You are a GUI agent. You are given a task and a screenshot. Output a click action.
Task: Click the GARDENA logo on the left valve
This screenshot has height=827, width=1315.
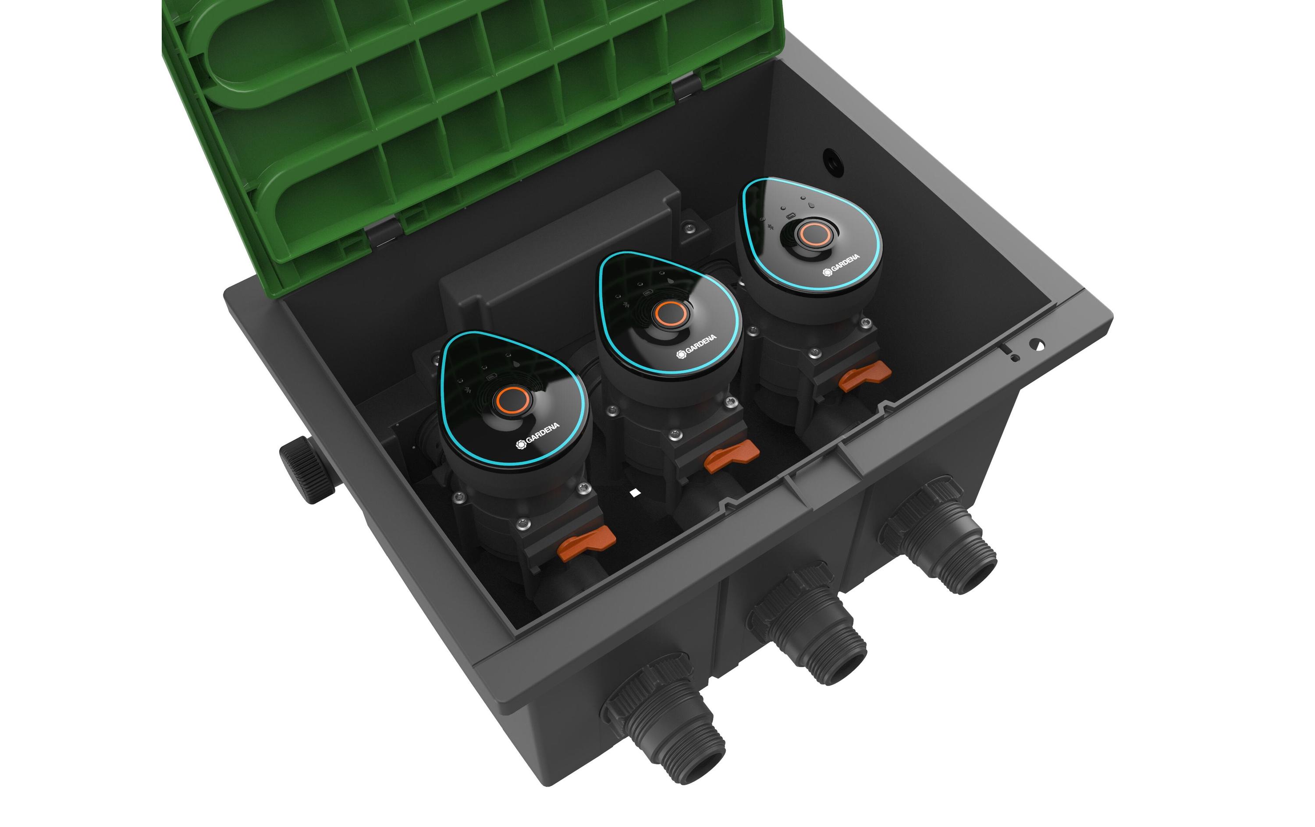tap(538, 435)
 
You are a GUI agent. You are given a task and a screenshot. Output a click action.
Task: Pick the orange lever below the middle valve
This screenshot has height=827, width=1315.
tap(731, 456)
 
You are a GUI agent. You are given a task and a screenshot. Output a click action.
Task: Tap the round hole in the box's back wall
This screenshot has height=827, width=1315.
tap(833, 162)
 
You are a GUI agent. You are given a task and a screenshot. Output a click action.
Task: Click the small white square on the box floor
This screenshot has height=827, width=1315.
tap(634, 493)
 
